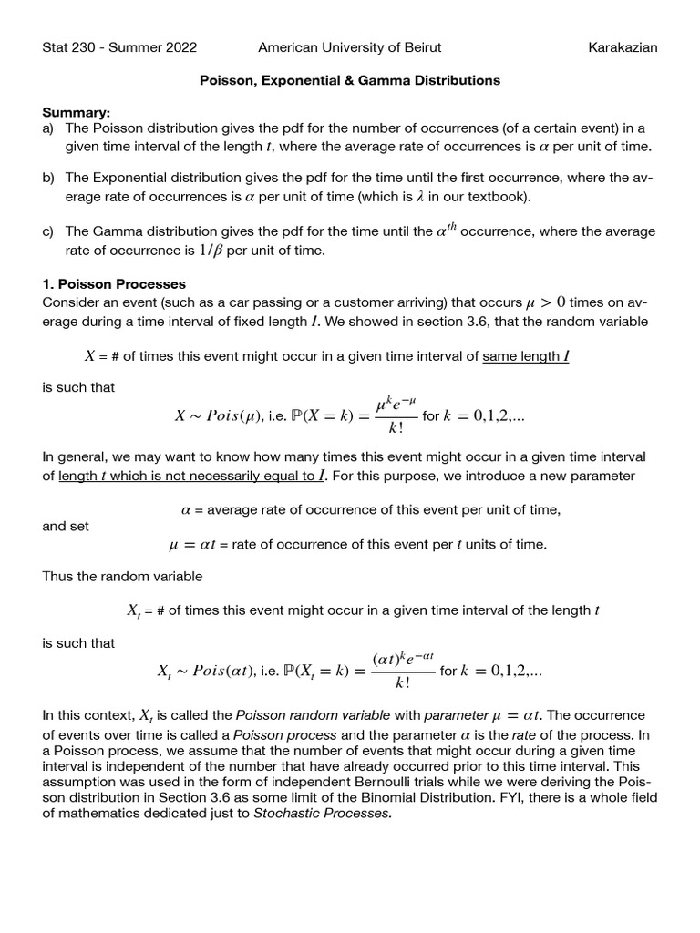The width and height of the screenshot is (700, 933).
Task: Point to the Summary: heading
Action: pos(77,113)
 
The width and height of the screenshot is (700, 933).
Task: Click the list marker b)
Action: pos(49,178)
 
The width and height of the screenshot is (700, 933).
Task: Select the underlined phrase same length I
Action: pos(526,356)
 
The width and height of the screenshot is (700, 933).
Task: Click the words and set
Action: pos(66,527)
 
